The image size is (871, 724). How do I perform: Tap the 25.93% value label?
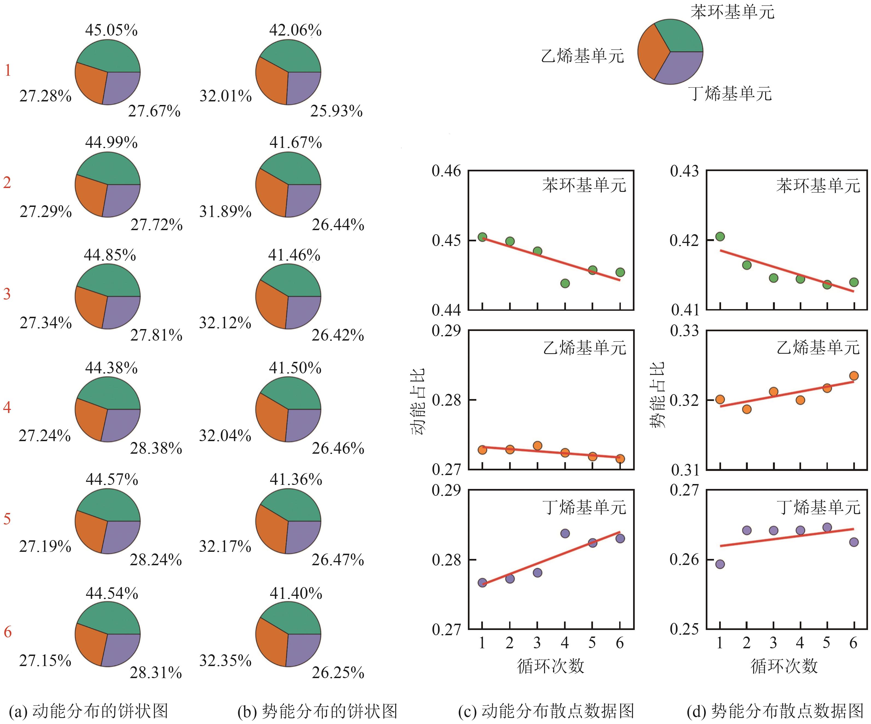pos(336,111)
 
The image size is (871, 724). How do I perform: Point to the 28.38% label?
pos(156,448)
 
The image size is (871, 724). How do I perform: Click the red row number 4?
pos(7,407)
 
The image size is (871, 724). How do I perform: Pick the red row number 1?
pos(7,70)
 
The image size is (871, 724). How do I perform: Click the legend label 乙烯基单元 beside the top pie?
pos(582,56)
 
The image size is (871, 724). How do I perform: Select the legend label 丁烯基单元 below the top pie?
pos(730,93)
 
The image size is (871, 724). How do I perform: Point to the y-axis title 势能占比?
pos(657,395)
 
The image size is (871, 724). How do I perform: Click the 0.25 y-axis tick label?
pos(684,629)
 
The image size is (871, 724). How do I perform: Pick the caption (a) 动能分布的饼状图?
pos(88,711)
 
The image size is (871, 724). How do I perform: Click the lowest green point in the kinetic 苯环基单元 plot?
pos(565,283)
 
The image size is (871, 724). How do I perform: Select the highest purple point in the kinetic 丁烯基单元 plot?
pos(565,534)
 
